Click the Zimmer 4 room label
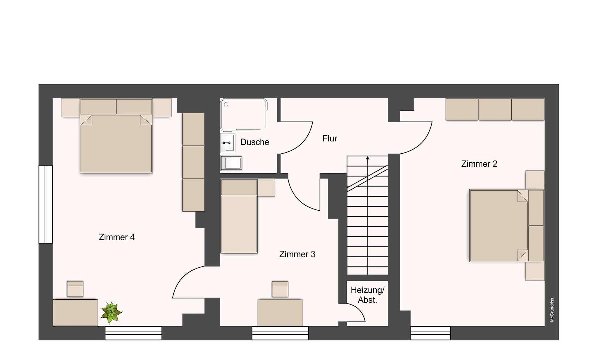tap(117, 237)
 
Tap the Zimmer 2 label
tap(479, 164)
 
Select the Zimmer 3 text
tap(297, 254)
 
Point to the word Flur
tap(330, 138)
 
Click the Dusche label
tap(255, 142)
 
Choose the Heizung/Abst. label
tap(367, 295)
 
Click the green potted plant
tap(111, 312)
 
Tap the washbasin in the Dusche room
tap(228, 143)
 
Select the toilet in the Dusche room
tap(231, 163)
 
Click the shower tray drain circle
tap(226, 104)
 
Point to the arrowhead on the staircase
tap(368, 158)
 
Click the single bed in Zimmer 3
tap(239, 216)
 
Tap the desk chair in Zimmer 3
tap(280, 289)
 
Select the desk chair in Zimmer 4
tap(75, 289)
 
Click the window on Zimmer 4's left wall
tap(46, 204)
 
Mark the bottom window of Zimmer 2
tap(431, 333)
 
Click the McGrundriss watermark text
tap(552, 310)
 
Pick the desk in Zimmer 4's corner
tap(75, 313)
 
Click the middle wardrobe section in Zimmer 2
tap(495, 109)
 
